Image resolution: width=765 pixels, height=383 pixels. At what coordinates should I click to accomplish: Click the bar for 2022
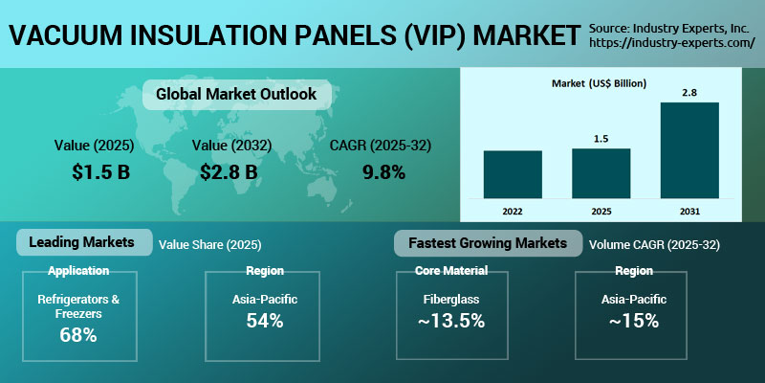tap(513, 174)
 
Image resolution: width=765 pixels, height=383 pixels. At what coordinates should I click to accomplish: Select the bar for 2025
tap(601, 173)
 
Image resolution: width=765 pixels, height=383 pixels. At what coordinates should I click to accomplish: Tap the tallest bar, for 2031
tap(689, 150)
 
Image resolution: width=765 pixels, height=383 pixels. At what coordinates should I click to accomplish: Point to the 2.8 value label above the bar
tap(689, 92)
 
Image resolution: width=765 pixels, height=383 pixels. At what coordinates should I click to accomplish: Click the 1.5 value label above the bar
tap(601, 139)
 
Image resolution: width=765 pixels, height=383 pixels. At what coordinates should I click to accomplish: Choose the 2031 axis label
tap(689, 210)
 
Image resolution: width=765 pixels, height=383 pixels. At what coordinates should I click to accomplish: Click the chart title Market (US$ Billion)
tap(600, 83)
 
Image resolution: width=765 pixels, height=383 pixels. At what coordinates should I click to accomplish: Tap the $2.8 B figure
tap(229, 172)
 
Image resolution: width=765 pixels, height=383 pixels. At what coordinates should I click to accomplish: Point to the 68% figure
tap(78, 336)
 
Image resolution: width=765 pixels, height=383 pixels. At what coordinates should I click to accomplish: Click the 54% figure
tap(264, 321)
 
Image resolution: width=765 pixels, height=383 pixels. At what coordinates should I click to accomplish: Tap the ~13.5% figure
tap(451, 321)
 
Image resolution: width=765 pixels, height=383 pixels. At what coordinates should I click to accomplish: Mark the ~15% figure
tap(634, 321)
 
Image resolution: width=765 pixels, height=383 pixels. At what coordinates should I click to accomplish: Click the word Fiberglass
tap(451, 300)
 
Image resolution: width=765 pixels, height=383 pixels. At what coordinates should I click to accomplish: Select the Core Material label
tap(451, 271)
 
